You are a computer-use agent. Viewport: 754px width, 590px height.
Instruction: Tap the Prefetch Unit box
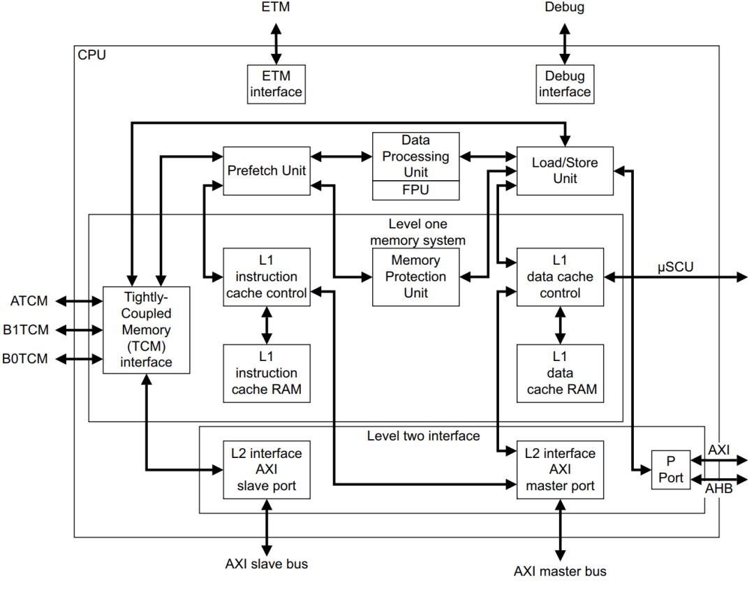coord(267,170)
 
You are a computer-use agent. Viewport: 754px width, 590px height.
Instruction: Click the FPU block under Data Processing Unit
coord(415,190)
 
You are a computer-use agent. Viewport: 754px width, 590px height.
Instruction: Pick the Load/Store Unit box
coord(564,171)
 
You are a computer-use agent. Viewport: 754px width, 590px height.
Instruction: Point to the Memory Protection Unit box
coord(415,277)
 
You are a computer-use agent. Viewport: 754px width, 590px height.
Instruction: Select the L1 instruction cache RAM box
coord(267,373)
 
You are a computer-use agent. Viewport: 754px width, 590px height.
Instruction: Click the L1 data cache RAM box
coord(562,373)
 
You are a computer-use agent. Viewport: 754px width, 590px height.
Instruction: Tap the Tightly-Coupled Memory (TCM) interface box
coord(146,329)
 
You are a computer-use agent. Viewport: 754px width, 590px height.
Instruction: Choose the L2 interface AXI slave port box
coord(267,469)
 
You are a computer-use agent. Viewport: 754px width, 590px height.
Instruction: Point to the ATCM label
coord(29,302)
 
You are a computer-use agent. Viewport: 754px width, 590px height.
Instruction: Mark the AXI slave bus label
coord(266,563)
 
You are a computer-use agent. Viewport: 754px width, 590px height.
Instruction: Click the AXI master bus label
coord(561,571)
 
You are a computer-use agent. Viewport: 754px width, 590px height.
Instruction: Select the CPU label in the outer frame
coord(92,55)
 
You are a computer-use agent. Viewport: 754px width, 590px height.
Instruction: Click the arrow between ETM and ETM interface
coord(276,43)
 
